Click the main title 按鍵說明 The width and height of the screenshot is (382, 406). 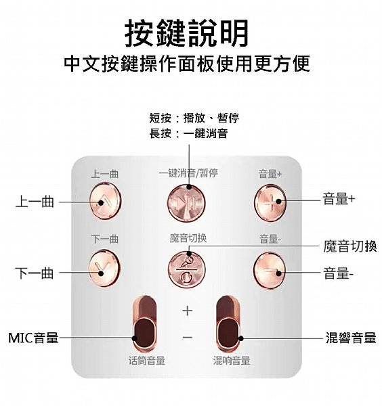click(x=186, y=33)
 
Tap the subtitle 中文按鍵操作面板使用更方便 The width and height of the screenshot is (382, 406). click(x=187, y=64)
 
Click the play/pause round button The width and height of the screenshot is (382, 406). click(x=186, y=203)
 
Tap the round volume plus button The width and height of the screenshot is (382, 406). click(x=270, y=202)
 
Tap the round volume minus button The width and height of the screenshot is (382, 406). click(x=270, y=270)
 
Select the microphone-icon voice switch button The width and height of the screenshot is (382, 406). click(x=186, y=270)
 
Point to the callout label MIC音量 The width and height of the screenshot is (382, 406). click(x=33, y=338)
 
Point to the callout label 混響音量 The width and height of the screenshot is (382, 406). click(x=351, y=338)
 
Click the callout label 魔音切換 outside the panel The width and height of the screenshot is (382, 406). click(x=350, y=246)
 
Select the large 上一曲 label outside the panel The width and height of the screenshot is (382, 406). click(x=35, y=202)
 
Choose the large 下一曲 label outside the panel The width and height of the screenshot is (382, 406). click(x=35, y=273)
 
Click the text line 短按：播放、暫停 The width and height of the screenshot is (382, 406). click(x=194, y=118)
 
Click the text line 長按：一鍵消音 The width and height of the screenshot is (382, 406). click(x=188, y=133)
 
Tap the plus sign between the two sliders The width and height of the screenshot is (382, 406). click(x=188, y=311)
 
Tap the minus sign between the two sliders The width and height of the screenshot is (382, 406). click(x=188, y=337)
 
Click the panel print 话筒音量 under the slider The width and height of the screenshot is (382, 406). click(x=147, y=360)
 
